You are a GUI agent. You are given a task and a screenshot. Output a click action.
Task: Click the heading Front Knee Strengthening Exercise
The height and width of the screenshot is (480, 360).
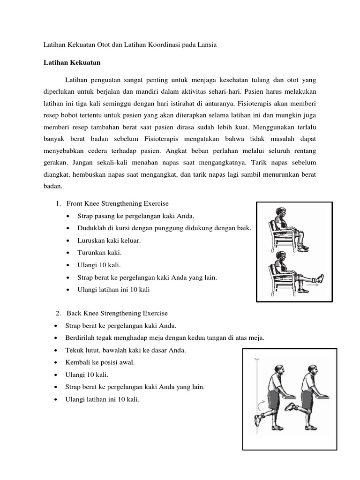117,204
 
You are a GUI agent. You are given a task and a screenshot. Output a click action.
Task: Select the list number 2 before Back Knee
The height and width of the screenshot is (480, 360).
58,313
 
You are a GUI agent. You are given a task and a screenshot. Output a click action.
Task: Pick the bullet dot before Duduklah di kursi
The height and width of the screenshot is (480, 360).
68,228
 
